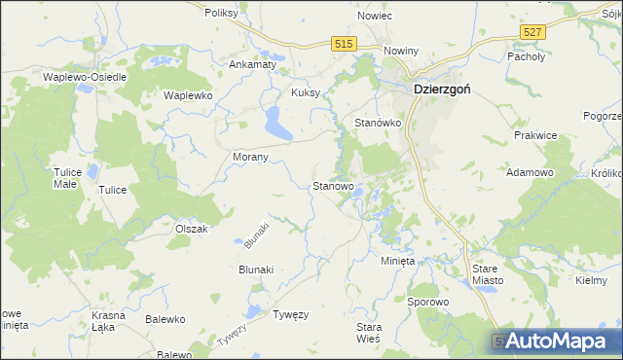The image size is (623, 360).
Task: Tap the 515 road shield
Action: coord(344,45)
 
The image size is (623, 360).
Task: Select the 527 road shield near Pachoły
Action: coord(531,33)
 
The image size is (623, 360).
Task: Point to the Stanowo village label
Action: coord(332,185)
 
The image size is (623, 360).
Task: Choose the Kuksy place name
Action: coord(306,93)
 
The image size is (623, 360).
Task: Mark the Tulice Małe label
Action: coord(65,177)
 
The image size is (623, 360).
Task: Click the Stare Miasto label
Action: coord(487,273)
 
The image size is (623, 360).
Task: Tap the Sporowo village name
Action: coord(428,303)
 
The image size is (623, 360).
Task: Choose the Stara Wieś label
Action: coord(369,333)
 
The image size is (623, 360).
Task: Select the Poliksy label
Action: coord(222,14)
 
